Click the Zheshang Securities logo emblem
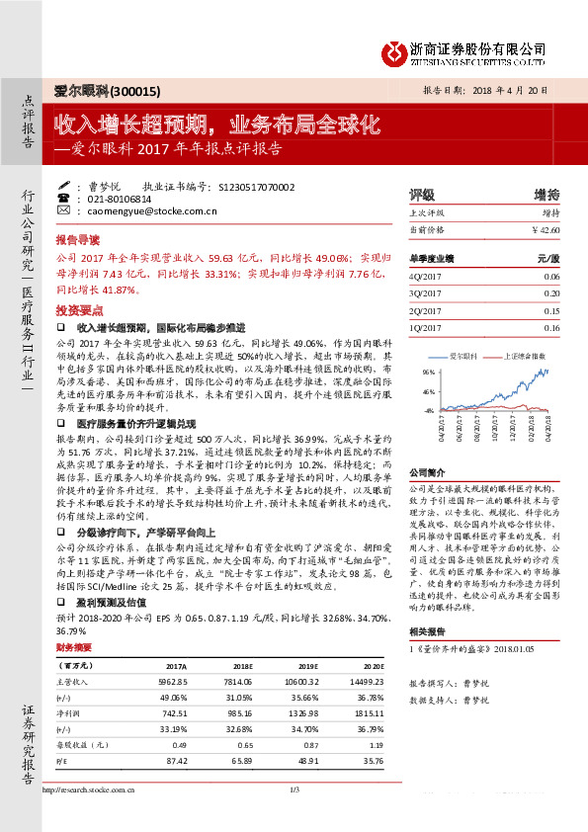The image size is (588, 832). (x=396, y=49)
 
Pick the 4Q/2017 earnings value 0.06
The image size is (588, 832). (x=551, y=277)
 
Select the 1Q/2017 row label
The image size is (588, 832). (x=428, y=327)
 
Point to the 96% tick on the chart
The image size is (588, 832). (x=429, y=372)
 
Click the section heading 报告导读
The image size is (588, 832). (x=77, y=240)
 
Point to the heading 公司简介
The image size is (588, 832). (x=429, y=472)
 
